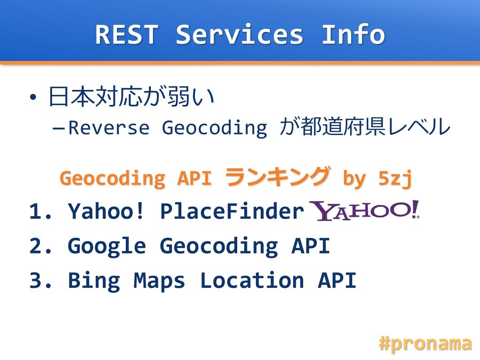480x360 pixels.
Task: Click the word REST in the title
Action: tap(127, 34)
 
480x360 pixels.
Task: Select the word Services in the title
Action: tap(240, 34)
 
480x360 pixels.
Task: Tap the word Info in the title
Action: tap(353, 34)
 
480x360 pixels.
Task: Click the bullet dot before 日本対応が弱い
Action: tap(33, 97)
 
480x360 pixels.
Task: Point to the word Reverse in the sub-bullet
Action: tap(109, 127)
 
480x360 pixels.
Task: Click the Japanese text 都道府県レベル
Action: tap(375, 127)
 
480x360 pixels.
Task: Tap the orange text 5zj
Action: tap(395, 178)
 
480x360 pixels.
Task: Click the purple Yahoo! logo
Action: tap(364, 210)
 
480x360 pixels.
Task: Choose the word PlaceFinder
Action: tap(232, 211)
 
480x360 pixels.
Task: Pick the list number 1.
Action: tap(40, 211)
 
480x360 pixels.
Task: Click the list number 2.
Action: tap(40, 246)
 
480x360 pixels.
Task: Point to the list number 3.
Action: tap(40, 280)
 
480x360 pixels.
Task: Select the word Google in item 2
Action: tap(107, 247)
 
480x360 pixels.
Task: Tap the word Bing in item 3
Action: tap(94, 281)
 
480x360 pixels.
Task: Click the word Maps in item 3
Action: tap(159, 282)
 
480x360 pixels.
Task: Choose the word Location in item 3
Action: tap(252, 280)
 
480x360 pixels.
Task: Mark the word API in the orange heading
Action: tap(195, 178)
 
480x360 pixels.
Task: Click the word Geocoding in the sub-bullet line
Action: tap(214, 128)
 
